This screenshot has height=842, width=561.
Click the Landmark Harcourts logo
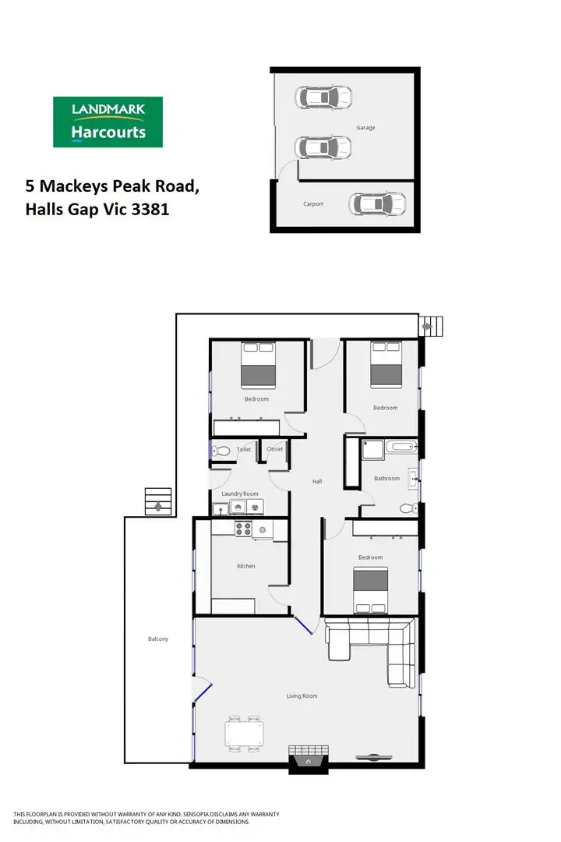[108, 122]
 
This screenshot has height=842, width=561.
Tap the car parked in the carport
[378, 204]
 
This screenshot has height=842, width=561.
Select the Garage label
[365, 127]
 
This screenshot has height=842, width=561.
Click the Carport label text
[313, 204]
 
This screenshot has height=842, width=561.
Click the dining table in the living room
[245, 734]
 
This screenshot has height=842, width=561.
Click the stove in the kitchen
[242, 529]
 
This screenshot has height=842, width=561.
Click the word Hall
[317, 482]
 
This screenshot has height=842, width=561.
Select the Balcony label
[158, 639]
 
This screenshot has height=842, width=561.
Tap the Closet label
[275, 449]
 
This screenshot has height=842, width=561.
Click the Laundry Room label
[240, 494]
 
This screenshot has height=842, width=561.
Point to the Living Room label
[302, 696]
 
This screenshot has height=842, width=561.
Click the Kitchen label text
[245, 566]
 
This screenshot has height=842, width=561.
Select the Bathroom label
[386, 479]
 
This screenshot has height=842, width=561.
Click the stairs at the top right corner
[431, 325]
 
